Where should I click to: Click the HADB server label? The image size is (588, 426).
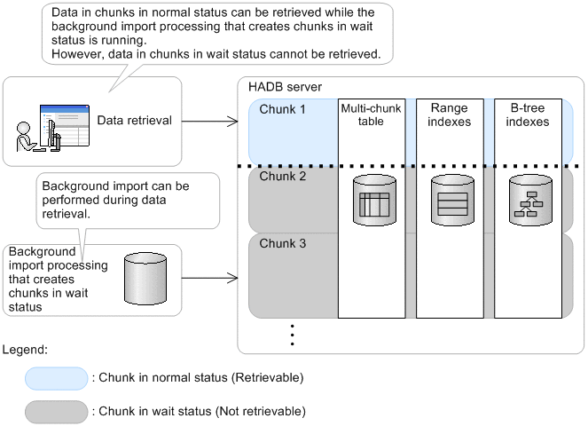coord(284,88)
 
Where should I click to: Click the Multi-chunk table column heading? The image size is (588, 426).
coord(371,114)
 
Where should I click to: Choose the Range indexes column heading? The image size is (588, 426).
coord(449,114)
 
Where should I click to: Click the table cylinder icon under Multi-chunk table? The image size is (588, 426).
coord(371,200)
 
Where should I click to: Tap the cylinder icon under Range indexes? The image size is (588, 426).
coord(449,200)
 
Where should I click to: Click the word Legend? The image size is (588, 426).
coord(24,350)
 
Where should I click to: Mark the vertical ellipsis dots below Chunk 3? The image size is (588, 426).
coord(292,334)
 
